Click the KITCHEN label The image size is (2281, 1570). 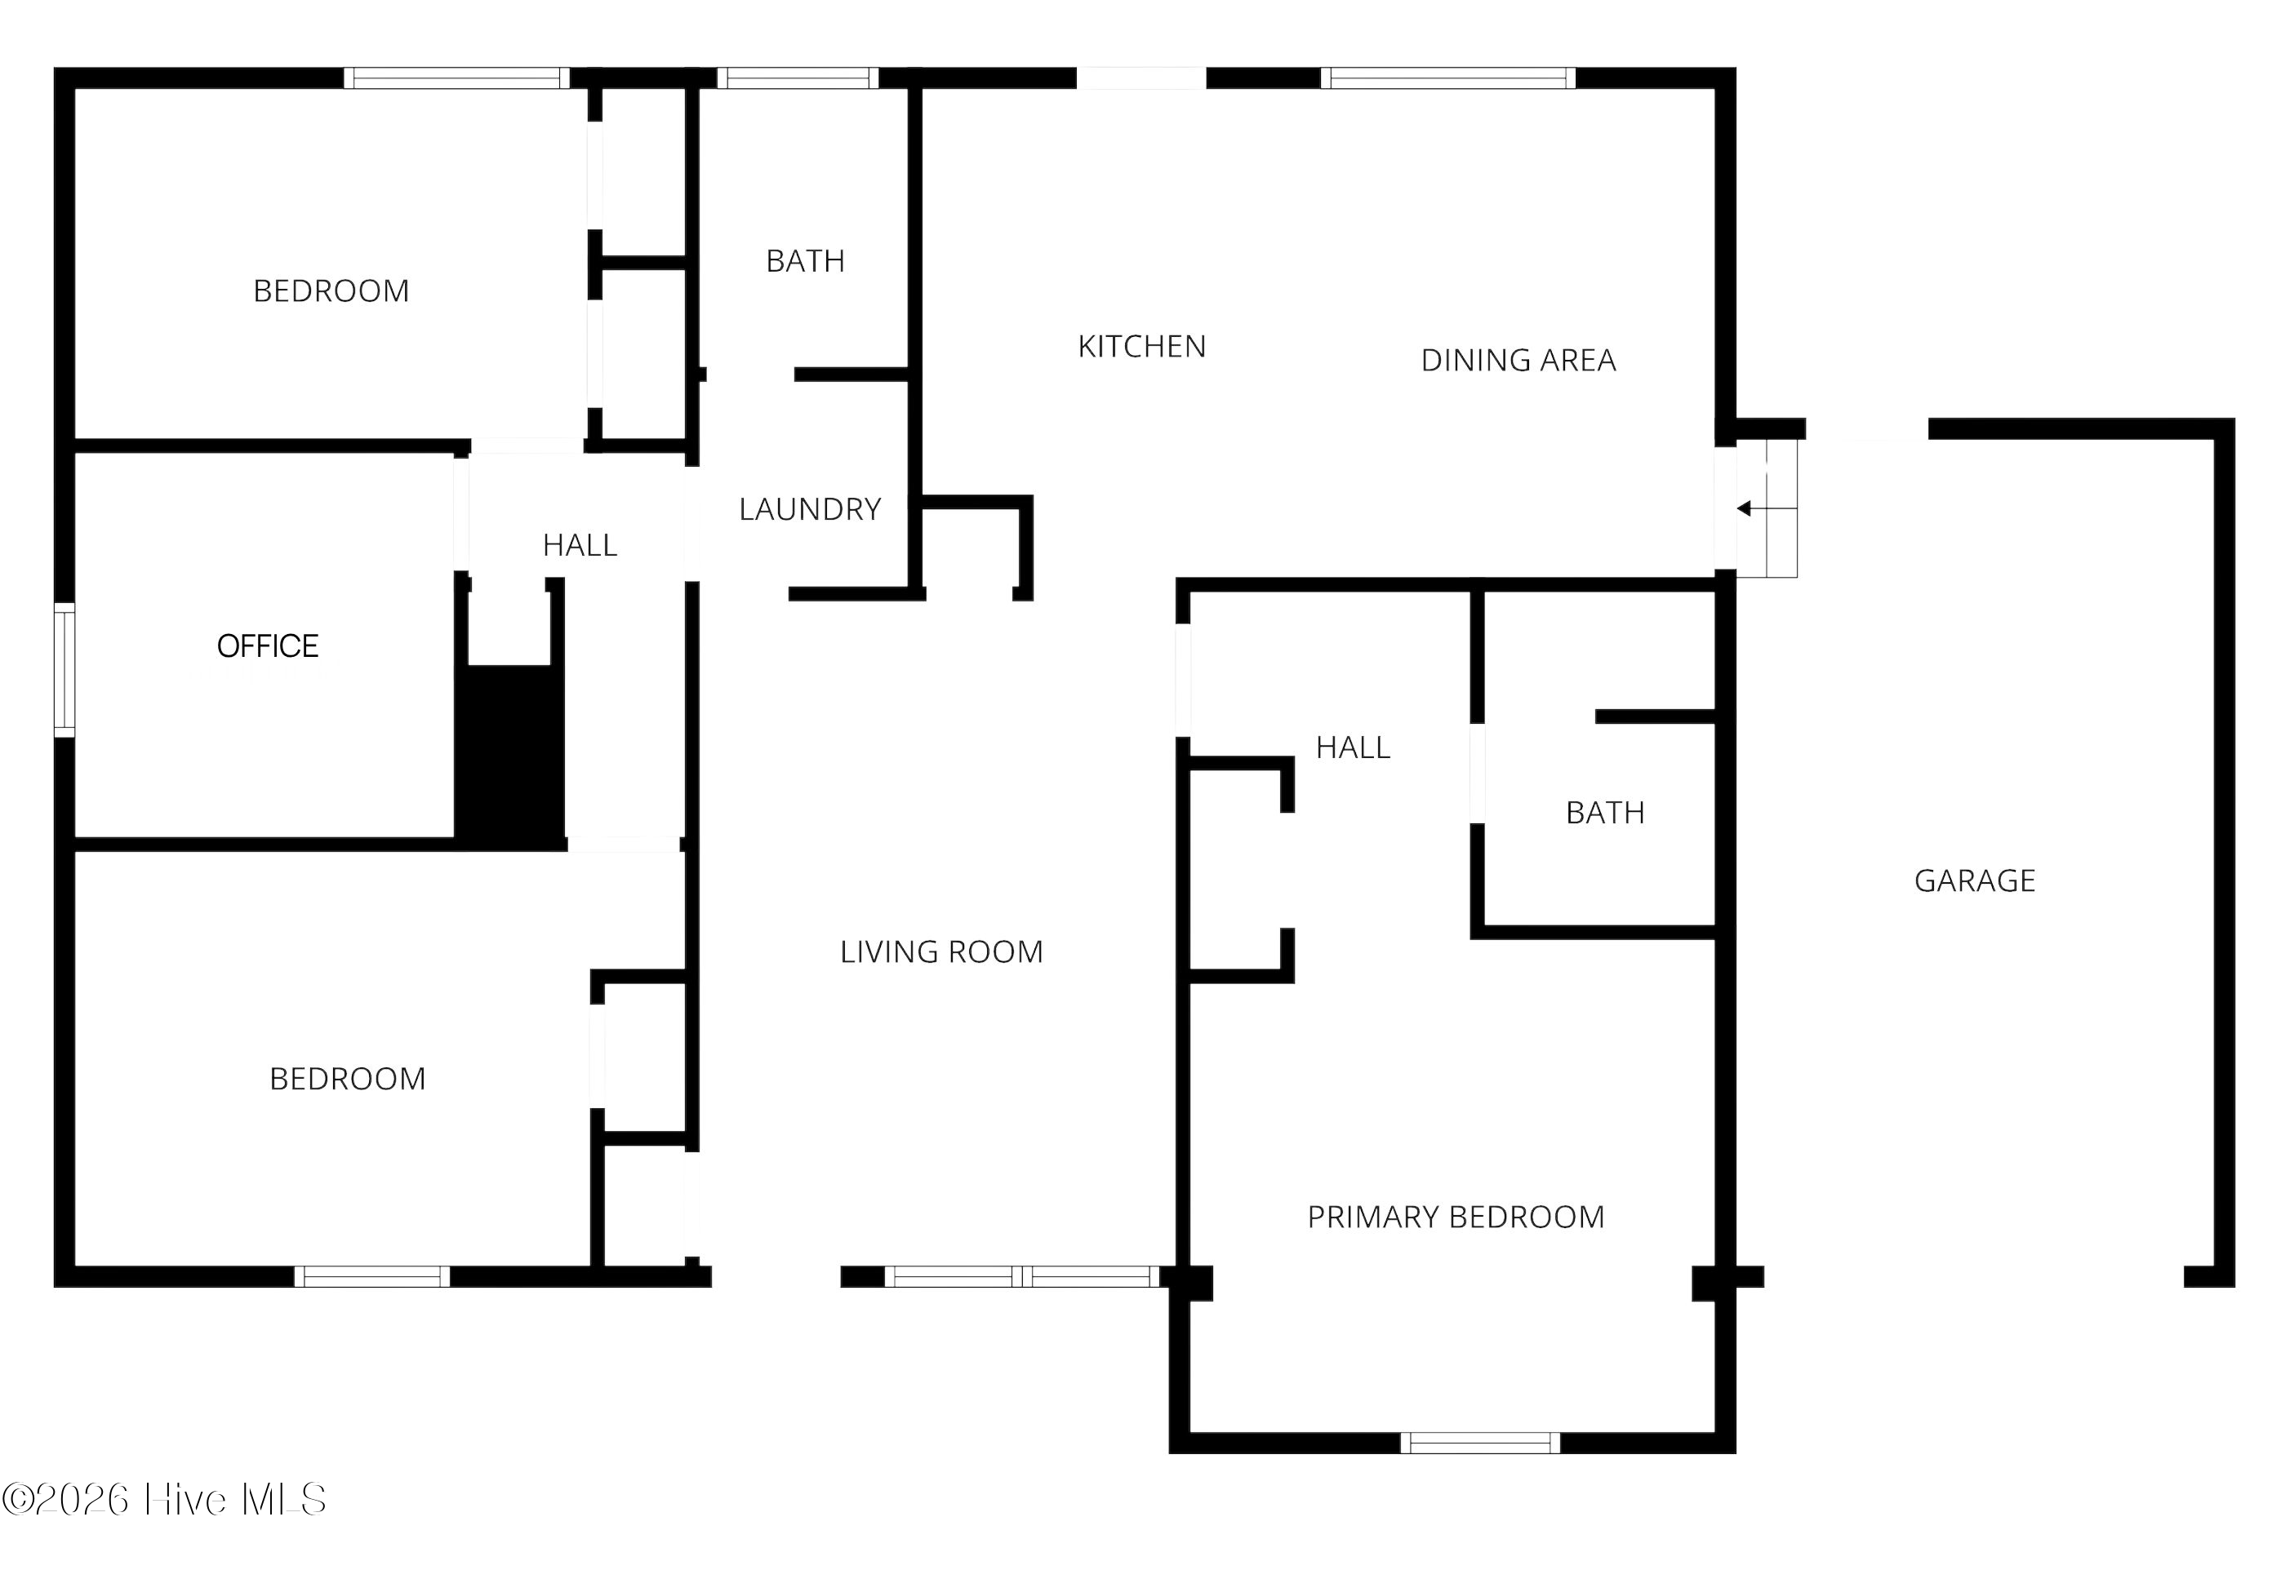1141,346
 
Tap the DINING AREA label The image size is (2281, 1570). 1518,360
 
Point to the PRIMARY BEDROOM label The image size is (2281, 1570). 1456,1217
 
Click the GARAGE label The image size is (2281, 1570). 1974,880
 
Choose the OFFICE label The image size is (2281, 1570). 268,645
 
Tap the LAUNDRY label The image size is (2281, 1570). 810,508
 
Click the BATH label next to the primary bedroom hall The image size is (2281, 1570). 1605,813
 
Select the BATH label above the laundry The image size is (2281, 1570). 805,260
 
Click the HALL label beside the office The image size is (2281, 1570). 580,545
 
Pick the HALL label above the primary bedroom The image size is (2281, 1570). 1353,747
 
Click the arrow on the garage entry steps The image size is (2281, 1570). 1767,508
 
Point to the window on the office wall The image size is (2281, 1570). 64,670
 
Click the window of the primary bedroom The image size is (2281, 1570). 1480,1443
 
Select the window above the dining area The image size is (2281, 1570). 1447,78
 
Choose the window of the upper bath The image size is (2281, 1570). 797,78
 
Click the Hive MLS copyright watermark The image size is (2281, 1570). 164,1500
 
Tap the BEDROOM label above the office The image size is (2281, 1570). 331,291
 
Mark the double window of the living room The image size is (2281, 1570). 1022,1277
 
